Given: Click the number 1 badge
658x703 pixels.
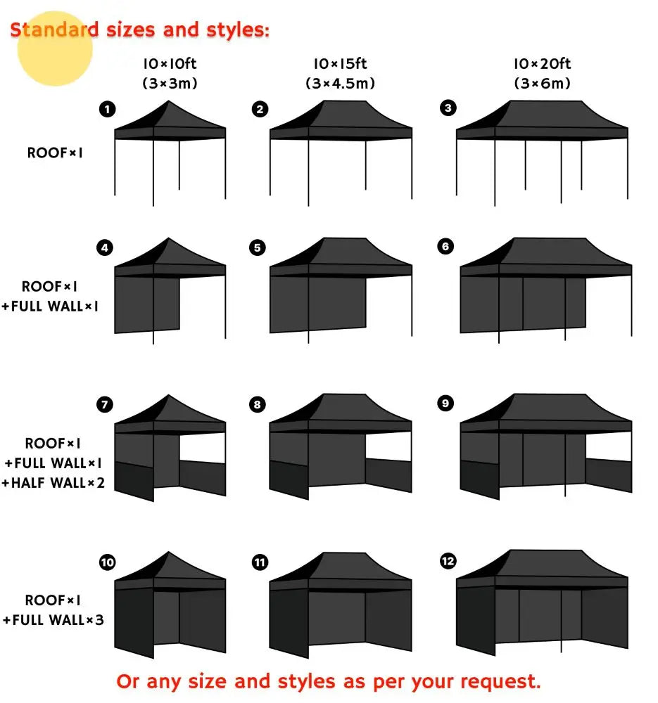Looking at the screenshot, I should click(x=107, y=109).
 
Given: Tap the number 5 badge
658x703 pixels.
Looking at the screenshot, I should click(x=258, y=247).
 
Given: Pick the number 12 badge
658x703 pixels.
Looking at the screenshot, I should click(x=447, y=560).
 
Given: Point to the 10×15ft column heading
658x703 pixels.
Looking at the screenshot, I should click(x=340, y=64).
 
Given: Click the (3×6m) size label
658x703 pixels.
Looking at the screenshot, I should click(x=541, y=83).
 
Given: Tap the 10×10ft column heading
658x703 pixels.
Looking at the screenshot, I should click(x=169, y=64).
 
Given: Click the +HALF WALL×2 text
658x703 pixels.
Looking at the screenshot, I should click(x=53, y=483).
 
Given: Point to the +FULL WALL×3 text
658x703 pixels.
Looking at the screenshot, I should click(x=53, y=620).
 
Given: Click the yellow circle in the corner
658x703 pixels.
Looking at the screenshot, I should click(x=55, y=48).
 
